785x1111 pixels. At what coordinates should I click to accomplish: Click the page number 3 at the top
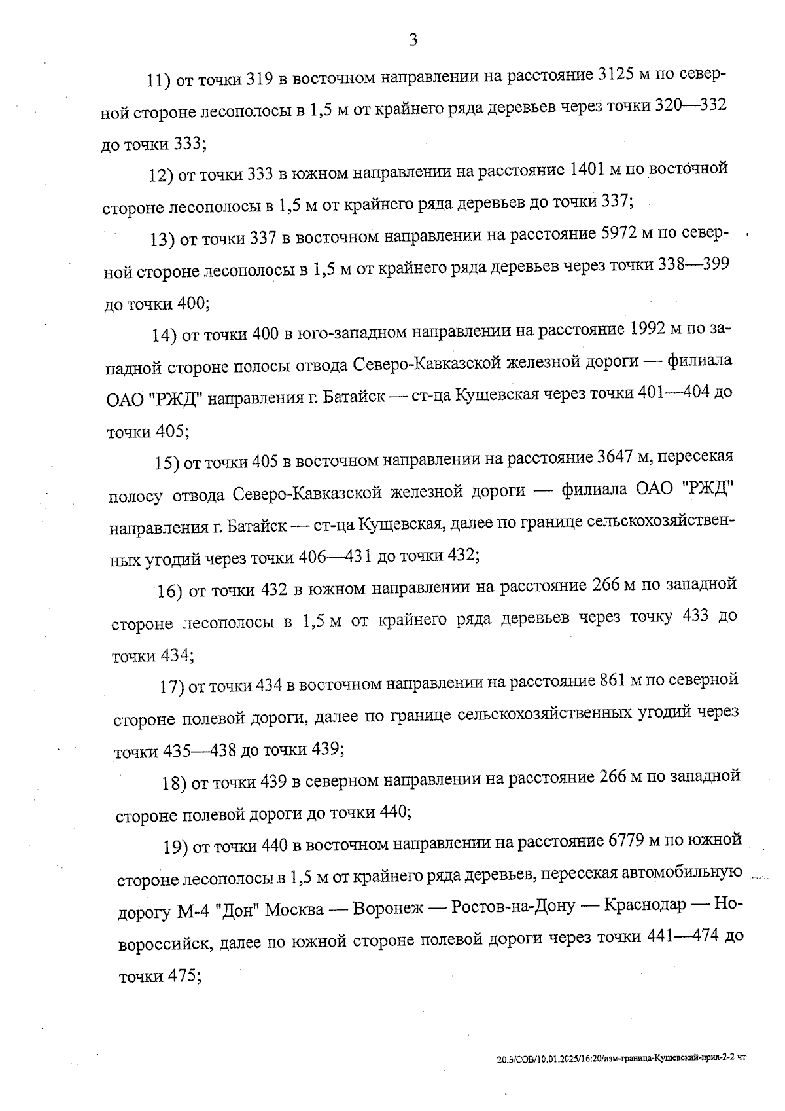pos(413,41)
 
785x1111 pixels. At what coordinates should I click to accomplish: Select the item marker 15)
pos(167,463)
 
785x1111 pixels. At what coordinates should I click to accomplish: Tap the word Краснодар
pos(645,905)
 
